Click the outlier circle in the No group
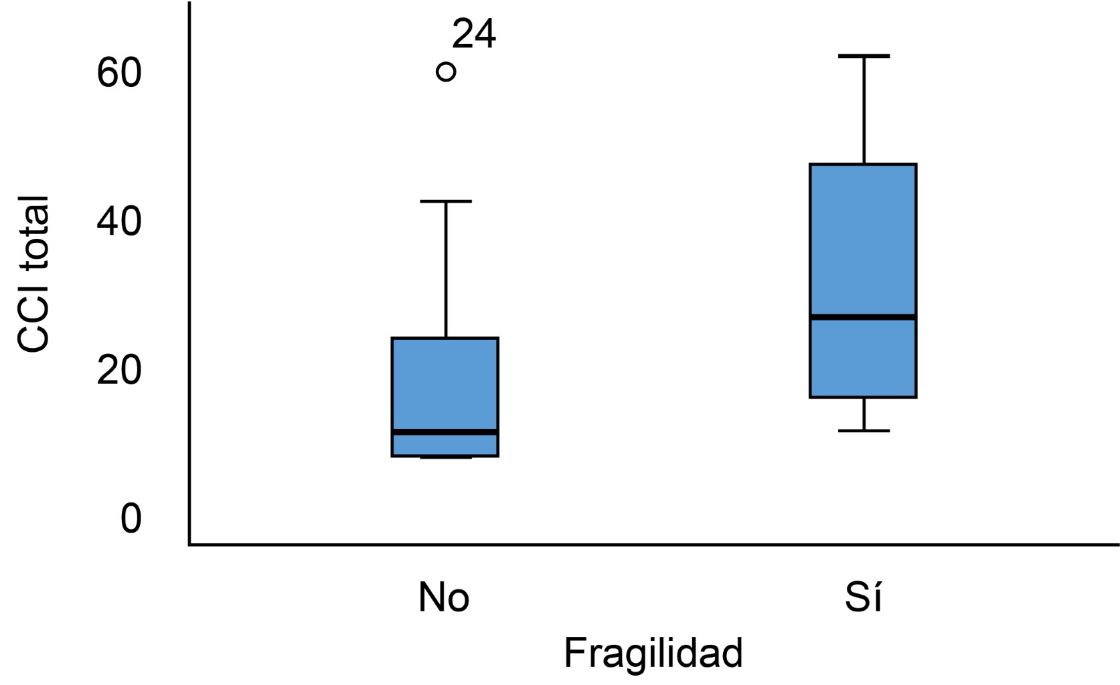(x=446, y=72)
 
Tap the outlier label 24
(x=474, y=35)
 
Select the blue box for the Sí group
(x=863, y=241)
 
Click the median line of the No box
(x=445, y=432)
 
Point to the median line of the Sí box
(x=863, y=316)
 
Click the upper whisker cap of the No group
(x=445, y=201)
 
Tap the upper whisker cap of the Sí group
(x=864, y=56)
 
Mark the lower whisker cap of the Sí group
(x=864, y=430)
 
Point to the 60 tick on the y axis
(x=120, y=73)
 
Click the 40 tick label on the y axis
(x=120, y=221)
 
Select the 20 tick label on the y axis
(x=120, y=370)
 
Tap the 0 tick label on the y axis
(x=131, y=518)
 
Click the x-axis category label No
(x=444, y=597)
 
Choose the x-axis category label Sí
(x=864, y=597)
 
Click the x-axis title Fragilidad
(x=653, y=653)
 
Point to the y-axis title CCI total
(x=33, y=274)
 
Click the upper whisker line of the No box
(x=445, y=268)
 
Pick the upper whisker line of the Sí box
(x=864, y=110)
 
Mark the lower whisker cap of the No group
(x=445, y=458)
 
